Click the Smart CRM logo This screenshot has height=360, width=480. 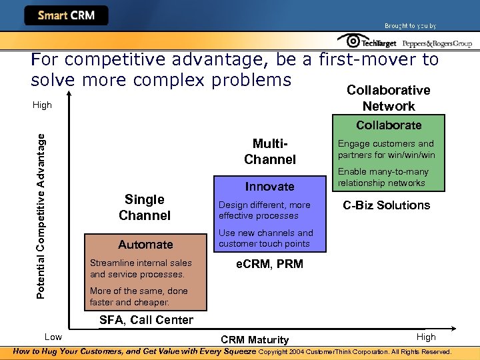66,15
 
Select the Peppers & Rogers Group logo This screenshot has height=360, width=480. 436,43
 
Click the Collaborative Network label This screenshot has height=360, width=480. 389,98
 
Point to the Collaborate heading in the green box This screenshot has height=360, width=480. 389,125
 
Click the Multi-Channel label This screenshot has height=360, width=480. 269,151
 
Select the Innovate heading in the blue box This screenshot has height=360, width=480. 269,187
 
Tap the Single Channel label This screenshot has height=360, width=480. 145,207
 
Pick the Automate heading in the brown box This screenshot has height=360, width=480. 145,245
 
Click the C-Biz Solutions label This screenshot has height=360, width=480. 387,205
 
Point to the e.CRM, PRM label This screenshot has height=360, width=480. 269,264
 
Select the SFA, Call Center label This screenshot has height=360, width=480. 146,320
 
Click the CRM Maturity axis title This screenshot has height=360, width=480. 255,340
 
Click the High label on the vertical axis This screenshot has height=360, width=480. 42,105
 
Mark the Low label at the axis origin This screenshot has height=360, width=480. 53,337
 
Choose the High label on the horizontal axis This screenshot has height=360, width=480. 425,337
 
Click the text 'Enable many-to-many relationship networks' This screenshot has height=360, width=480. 383,177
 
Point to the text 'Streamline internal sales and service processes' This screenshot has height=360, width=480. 141,269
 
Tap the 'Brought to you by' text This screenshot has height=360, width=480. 410,26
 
